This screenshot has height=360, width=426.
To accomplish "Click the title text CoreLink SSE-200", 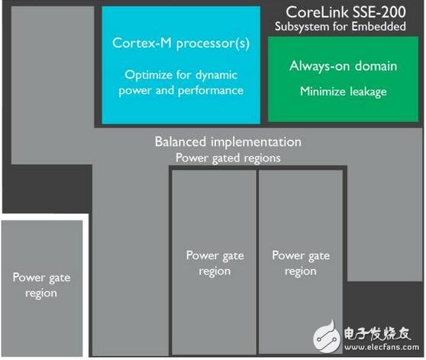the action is [346, 12].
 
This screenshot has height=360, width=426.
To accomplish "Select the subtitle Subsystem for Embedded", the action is [340, 27].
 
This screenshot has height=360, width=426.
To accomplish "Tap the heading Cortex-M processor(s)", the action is [181, 43].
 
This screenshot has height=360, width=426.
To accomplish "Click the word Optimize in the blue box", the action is [148, 75].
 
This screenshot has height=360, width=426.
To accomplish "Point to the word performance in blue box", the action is [211, 91].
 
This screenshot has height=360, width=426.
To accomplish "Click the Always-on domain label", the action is [343, 66].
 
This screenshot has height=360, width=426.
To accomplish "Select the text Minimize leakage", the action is [344, 92].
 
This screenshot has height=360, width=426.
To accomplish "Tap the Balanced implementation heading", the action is [228, 142].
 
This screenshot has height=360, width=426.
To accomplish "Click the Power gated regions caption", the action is [228, 158].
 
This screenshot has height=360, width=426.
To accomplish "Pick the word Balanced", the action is [180, 142].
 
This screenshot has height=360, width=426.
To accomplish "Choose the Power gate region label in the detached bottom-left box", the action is [41, 285].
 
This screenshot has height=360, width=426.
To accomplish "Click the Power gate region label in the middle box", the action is [215, 263].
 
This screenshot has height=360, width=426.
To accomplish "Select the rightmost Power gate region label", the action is [301, 263].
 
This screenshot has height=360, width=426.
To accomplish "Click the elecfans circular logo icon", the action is [327, 337].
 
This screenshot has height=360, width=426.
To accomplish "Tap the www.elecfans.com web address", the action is [382, 347].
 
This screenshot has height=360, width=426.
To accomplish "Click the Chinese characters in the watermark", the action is [377, 333].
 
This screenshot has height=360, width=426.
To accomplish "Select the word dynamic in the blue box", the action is [217, 76].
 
